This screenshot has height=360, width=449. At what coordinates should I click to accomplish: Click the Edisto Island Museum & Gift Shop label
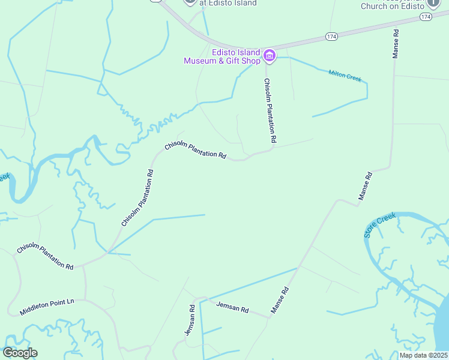coord(222,56)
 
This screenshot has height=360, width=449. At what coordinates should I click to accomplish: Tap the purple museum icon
coord(270,56)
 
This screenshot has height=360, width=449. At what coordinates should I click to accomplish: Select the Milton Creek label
coord(345,76)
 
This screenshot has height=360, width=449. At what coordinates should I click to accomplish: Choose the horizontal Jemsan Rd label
coord(232,308)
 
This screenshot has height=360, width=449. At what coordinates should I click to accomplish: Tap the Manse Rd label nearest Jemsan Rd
coord(280,300)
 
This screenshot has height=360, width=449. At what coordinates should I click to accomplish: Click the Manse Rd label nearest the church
coord(395,43)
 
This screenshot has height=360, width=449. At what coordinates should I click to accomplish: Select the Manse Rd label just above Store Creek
coord(366,186)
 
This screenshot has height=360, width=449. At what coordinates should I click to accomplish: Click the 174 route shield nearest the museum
coord(331,37)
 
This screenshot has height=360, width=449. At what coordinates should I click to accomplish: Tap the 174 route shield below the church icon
coord(426,17)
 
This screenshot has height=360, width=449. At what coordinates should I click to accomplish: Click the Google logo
coord(20,353)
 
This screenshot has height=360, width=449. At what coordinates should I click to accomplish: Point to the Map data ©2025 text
coord(423,355)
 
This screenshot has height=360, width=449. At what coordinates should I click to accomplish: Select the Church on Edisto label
coord(393,6)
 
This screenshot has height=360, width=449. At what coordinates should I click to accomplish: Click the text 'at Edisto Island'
coord(228,3)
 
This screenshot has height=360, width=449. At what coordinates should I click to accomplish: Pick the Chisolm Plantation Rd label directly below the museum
coord(270,110)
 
